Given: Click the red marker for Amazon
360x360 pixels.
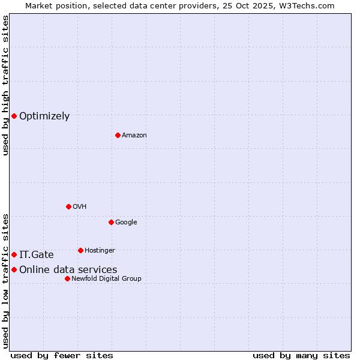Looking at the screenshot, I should (118, 135).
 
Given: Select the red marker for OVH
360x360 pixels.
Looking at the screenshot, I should (68, 206).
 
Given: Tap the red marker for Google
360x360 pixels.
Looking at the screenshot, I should (111, 222).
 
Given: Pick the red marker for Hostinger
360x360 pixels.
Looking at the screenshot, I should (80, 250).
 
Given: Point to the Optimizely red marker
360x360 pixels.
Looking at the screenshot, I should (14, 116).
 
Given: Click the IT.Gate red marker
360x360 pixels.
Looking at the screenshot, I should (14, 255).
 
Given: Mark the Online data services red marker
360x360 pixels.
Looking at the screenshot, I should (14, 270).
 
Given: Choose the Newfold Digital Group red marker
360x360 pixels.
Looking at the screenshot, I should (67, 278).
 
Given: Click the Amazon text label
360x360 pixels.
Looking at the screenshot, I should (134, 136).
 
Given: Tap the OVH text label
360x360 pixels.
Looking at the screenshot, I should (80, 207).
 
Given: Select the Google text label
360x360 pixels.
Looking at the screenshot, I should (126, 223).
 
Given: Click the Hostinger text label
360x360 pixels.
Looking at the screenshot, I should (100, 251).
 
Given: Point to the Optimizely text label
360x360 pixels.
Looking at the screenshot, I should (44, 116).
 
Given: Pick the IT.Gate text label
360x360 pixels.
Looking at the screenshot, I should (37, 255).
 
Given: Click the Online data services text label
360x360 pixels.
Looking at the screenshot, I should (68, 270).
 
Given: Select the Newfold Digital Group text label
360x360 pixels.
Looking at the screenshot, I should (106, 279).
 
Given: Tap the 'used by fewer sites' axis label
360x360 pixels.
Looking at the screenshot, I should (62, 355).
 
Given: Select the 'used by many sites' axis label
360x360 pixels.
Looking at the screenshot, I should (301, 355).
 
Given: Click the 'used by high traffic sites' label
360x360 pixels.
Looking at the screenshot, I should (5, 85).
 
